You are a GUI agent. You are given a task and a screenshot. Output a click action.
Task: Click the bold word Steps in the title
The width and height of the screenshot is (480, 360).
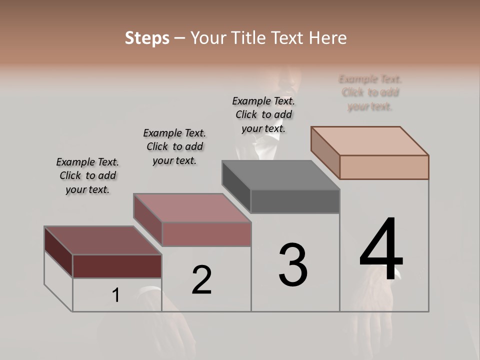tap(147, 38)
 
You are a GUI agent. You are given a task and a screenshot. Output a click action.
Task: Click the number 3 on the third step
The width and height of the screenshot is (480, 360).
tap(293, 265)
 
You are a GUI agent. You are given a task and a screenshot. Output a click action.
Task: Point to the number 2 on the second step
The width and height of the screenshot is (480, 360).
tap(202, 280)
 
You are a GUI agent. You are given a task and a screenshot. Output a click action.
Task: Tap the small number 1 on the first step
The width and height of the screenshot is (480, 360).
tap(116, 295)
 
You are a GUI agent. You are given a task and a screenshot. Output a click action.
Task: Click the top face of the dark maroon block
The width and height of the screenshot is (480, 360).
tap(102, 240)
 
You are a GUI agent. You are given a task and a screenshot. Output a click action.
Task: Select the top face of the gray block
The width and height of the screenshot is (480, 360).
tap(280, 175)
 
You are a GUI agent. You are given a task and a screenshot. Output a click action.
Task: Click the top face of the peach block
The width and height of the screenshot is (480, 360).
tap(370, 141)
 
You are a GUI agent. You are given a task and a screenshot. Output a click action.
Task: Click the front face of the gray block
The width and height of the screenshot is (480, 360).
tap(295, 201)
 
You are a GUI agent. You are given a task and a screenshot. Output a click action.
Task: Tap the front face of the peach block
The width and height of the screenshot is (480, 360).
tap(384, 167)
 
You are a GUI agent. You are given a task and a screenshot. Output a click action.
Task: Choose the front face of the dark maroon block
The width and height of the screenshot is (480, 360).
tap(117, 266)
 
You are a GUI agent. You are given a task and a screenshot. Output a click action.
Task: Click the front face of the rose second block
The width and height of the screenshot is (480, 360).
tap(206, 234)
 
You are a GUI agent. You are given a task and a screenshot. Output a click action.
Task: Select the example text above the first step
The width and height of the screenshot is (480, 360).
tap(87, 175)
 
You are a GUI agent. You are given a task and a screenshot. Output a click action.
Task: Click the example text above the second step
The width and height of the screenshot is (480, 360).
tap(174, 146)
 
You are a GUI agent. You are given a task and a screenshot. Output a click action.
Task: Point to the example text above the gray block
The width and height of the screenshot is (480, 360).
tap(263, 114)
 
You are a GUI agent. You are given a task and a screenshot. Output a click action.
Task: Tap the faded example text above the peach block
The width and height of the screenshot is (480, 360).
tap(370, 92)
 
